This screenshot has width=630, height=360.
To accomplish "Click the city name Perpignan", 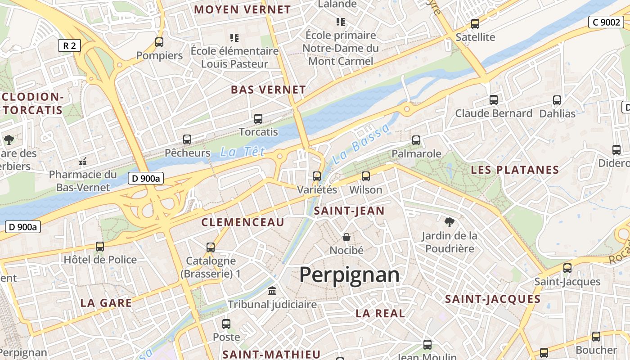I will point(349,274).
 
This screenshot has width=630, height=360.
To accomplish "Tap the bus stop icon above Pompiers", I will point(159,42).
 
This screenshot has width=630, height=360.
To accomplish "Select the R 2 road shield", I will point(69,45).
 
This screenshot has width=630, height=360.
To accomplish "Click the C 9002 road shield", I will point(606,22).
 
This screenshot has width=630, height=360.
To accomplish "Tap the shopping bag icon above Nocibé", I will point(346,237).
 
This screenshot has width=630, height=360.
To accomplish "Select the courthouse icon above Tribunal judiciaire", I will point(272,291).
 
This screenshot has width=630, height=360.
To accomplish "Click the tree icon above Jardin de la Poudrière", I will point(449,221).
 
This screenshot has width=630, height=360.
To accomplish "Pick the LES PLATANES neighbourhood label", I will point(515,170).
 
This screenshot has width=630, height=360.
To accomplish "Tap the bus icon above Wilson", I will point(366,176).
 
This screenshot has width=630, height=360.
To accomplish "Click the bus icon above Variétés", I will point(317,176).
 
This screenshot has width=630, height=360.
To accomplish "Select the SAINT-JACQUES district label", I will point(493,299).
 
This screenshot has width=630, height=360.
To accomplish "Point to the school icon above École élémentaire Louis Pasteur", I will point(234,37).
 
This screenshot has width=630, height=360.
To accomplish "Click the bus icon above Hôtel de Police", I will point(100,247).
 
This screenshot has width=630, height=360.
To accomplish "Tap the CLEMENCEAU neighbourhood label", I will point(243,222).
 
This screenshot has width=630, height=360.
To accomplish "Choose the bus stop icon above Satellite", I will point(475,24).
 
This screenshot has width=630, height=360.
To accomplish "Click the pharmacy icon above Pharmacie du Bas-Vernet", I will point(83,161).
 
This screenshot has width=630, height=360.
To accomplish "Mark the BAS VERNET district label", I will point(268,90).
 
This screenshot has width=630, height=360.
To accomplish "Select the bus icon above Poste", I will point(226,324).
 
